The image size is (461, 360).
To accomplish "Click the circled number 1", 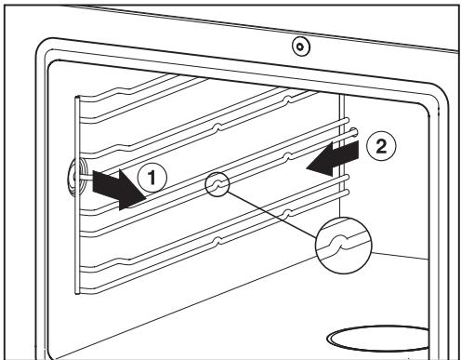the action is click(151, 179).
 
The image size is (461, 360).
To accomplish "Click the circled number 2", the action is click(381, 146).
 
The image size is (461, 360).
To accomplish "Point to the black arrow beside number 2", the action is click(332, 158).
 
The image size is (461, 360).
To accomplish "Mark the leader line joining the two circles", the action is click(271, 215).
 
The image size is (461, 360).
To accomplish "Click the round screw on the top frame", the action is click(300, 47).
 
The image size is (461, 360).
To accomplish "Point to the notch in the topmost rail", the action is click(287, 100).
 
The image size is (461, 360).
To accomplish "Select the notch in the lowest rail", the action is click(218, 240).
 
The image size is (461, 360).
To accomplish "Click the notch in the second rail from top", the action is click(218, 127).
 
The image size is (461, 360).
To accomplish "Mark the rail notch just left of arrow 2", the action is click(287, 155).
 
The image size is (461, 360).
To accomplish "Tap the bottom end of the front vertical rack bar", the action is click(77, 292).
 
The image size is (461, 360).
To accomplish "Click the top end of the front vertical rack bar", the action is click(77, 98).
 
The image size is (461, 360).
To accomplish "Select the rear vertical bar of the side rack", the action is click(342, 155).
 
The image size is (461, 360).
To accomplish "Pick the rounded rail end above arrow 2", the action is click(353, 132).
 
